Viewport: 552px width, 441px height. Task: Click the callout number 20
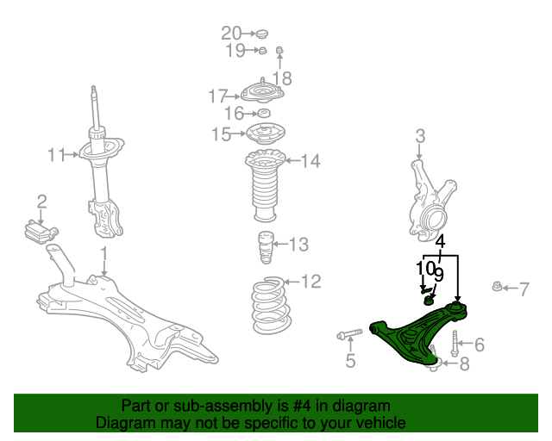pyautogui.click(x=231, y=34)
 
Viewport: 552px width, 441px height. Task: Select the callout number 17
pyautogui.click(x=217, y=96)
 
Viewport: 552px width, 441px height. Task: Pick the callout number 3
pyautogui.click(x=420, y=136)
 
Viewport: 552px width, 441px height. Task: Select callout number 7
pyautogui.click(x=524, y=289)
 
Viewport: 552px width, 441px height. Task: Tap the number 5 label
pyautogui.click(x=350, y=361)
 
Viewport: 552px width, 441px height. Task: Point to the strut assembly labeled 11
pyautogui.click(x=101, y=172)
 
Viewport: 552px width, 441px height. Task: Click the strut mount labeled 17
pyautogui.click(x=262, y=92)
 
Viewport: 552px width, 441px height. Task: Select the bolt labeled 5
pyautogui.click(x=348, y=334)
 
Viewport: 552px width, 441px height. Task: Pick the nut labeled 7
pyautogui.click(x=498, y=288)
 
